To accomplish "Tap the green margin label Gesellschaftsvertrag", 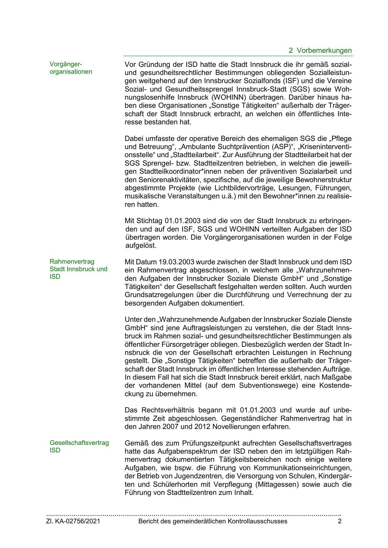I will point(79,443).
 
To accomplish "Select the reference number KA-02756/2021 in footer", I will point(78,521).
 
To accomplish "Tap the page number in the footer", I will point(340,521).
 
